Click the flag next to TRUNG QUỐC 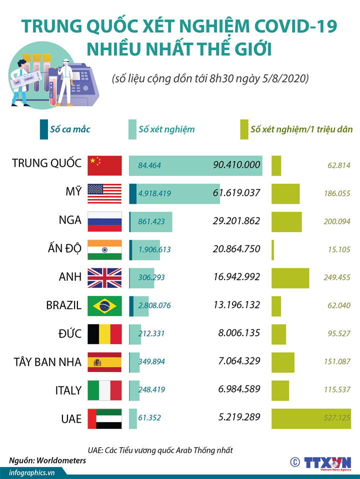tap(104, 165)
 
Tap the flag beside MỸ tap(104, 193)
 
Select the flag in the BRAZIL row tap(104, 306)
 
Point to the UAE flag tap(104, 418)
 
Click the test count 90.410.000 tap(236, 165)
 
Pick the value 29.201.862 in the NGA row tap(236, 221)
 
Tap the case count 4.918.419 tap(155, 193)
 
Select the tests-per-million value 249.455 tap(337, 277)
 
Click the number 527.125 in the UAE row tap(337, 417)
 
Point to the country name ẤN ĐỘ tap(59, 249)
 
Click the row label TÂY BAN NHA tap(47, 362)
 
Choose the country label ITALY tap(68, 390)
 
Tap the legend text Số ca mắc tap(70, 129)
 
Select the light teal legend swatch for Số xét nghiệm tap(132, 129)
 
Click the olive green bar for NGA tap(286, 221)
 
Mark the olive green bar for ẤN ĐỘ tap(273, 249)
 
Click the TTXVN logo tap(327, 461)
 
